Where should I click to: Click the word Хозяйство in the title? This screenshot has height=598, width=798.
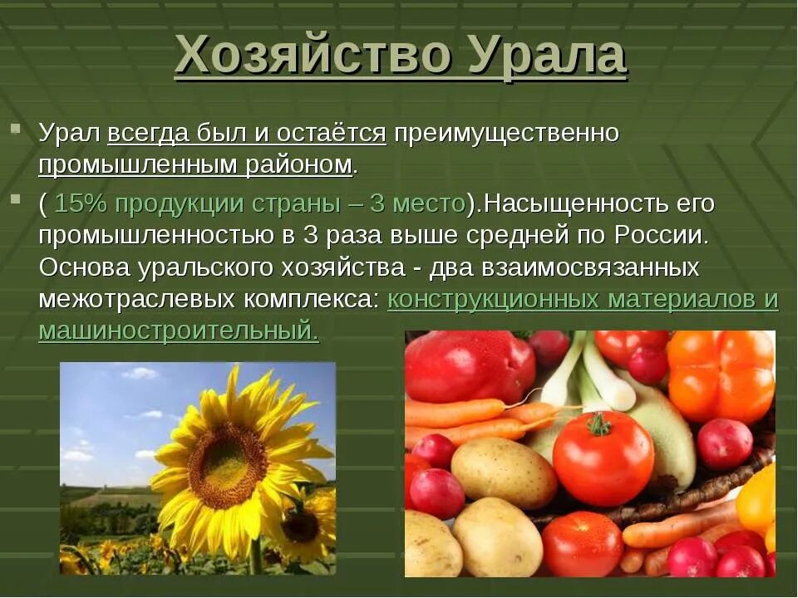314,56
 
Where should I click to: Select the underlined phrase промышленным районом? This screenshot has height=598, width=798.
195,164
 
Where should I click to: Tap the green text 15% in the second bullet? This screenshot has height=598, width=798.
81,203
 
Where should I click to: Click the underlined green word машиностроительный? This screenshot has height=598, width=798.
178,331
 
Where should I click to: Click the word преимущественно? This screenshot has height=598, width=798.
506,133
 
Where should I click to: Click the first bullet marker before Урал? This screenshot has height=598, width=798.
15,130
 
